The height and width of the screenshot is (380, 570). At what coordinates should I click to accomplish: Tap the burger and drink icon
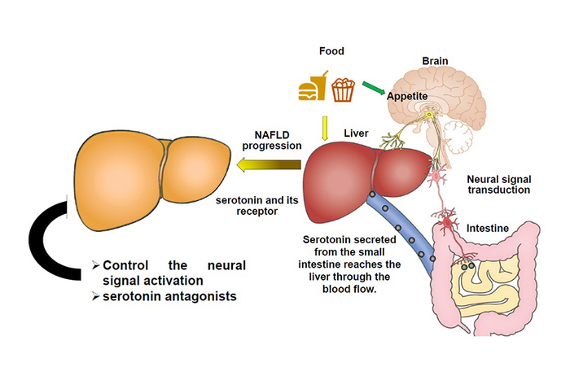click(314, 87)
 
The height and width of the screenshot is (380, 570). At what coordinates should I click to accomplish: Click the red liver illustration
click(358, 175)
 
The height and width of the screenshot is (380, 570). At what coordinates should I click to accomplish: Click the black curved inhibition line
click(45, 244)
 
